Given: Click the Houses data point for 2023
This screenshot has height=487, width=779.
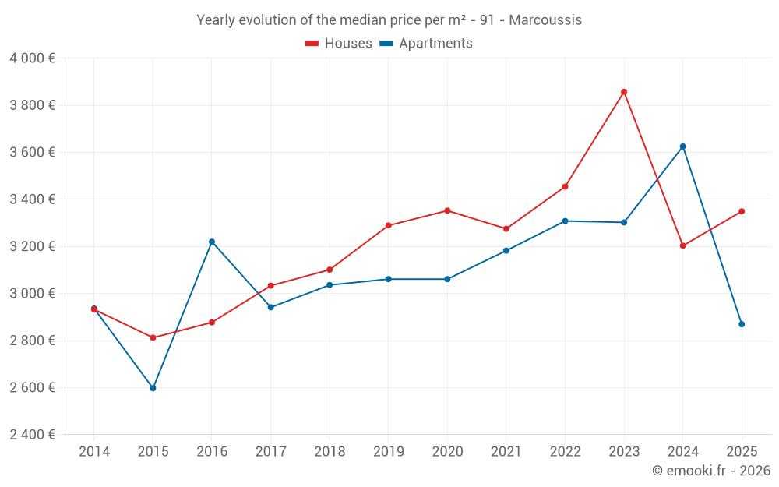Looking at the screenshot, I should click(624, 92).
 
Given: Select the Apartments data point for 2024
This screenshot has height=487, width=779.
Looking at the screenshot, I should click(683, 146).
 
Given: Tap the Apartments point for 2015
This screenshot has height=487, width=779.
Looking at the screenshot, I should click(153, 388).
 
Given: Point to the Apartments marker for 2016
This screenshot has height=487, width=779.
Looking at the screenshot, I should click(212, 242).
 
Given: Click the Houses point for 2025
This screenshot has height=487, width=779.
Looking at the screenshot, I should click(742, 211).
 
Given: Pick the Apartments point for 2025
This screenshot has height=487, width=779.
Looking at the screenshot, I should click(742, 324).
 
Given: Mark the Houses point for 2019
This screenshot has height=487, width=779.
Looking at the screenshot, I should click(389, 226).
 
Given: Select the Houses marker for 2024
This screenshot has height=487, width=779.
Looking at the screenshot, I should click(683, 245).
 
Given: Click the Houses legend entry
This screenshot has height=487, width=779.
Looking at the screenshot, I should click(339, 44).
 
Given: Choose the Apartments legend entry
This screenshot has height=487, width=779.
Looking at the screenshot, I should click(426, 44).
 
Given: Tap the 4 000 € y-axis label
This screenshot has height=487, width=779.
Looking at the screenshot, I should click(32, 58).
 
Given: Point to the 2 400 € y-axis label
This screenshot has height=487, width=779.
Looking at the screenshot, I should click(32, 435).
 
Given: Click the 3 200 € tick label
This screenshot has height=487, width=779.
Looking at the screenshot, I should click(32, 246).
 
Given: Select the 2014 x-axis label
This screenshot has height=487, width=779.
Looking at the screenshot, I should click(94, 451).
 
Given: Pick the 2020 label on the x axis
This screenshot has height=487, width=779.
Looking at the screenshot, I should click(447, 451).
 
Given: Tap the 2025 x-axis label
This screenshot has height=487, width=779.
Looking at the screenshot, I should click(742, 451).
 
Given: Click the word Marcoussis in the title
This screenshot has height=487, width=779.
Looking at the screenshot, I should click(545, 20).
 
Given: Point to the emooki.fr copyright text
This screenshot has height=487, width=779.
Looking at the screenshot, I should click(711, 471).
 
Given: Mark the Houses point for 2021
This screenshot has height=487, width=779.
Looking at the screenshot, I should click(506, 229).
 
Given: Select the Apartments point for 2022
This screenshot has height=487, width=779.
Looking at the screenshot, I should click(565, 221).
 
